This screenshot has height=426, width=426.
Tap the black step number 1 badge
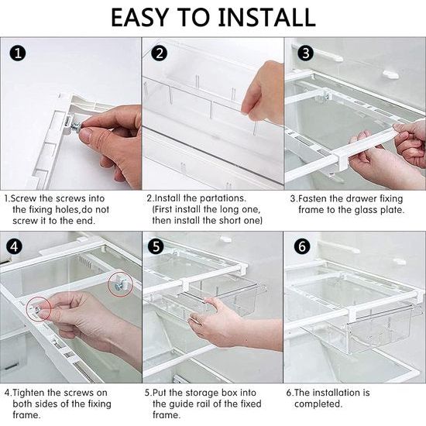15,53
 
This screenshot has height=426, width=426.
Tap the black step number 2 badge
158,53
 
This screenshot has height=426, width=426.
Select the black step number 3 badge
304,53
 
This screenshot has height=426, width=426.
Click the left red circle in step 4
41,310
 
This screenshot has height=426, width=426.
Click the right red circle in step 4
120,283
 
